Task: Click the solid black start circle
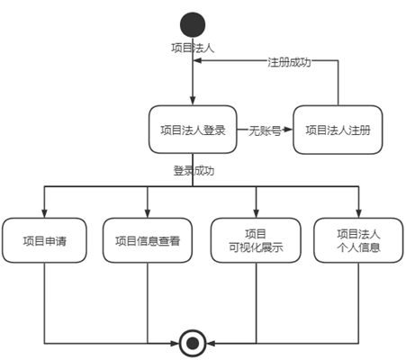point(193,25)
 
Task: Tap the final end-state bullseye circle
point(193,343)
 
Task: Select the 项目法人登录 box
point(193,130)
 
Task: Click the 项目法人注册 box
point(338,130)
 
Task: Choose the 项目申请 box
point(44,240)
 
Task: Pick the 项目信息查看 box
point(148,240)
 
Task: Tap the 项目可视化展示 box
point(256,240)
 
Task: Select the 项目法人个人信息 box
point(358,240)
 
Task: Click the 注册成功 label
point(289,62)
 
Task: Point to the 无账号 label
point(265,130)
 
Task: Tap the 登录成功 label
point(194,171)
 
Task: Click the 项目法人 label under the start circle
point(193,48)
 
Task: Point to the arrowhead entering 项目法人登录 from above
point(193,101)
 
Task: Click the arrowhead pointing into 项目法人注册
point(288,130)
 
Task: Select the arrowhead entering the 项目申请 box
point(44,213)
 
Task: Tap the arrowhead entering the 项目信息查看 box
point(148,213)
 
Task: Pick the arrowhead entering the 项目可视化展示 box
point(256,213)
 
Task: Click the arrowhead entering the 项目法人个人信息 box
point(358,213)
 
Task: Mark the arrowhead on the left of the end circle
point(175,343)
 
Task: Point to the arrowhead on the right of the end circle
point(211,343)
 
